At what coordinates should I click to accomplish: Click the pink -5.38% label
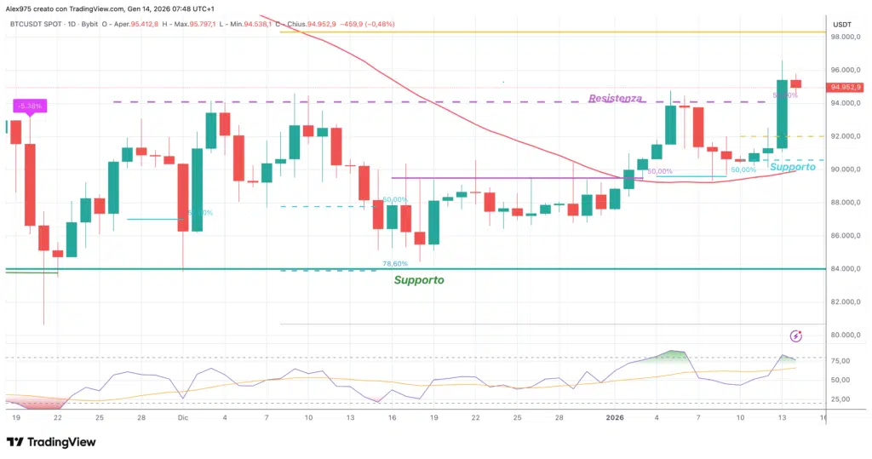30,106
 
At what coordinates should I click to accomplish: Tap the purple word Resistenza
615,99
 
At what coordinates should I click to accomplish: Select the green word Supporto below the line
418,279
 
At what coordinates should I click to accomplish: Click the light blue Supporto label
792,167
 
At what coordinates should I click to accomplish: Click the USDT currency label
841,24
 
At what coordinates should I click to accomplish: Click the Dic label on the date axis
182,418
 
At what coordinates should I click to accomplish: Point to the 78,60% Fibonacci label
395,264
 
